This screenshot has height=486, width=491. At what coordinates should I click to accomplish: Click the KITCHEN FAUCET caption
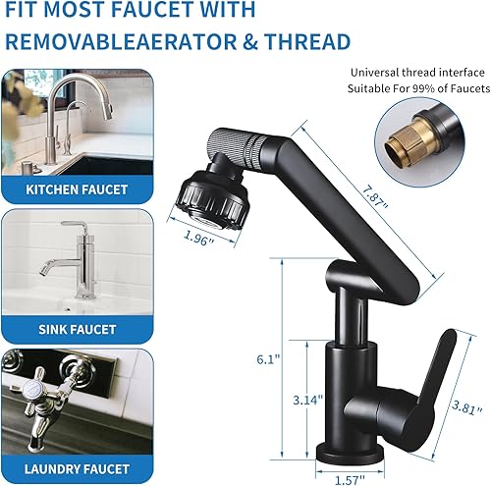(x=77, y=189)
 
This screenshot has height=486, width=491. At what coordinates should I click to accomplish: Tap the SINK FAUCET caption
(x=77, y=329)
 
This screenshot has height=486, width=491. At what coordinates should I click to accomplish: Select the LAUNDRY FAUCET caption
(x=77, y=469)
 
